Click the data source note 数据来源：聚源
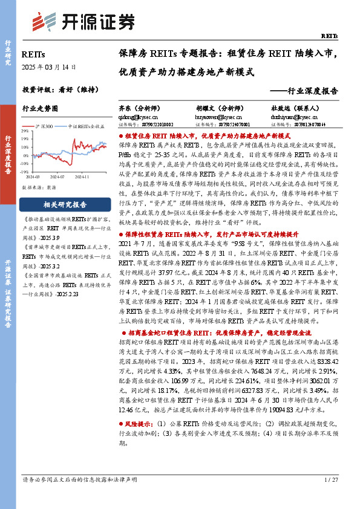[x=39, y=189]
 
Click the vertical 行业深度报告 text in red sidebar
[x=8, y=154]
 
